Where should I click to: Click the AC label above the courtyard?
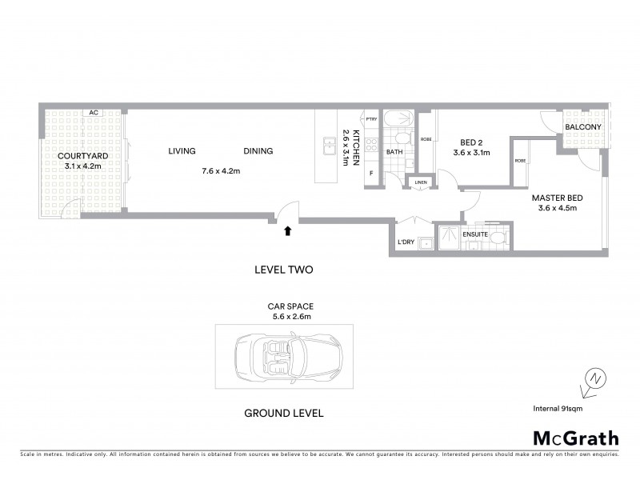[x=94, y=113]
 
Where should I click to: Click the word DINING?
[x=258, y=150]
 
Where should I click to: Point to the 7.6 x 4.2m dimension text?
[x=220, y=170]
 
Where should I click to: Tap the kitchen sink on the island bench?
[x=328, y=145]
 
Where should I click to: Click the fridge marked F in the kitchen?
[x=371, y=173]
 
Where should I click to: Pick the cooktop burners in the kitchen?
[x=370, y=146]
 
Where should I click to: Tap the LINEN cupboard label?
[x=421, y=182]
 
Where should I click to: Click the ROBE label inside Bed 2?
[x=426, y=138]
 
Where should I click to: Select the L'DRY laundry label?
[x=405, y=242]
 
